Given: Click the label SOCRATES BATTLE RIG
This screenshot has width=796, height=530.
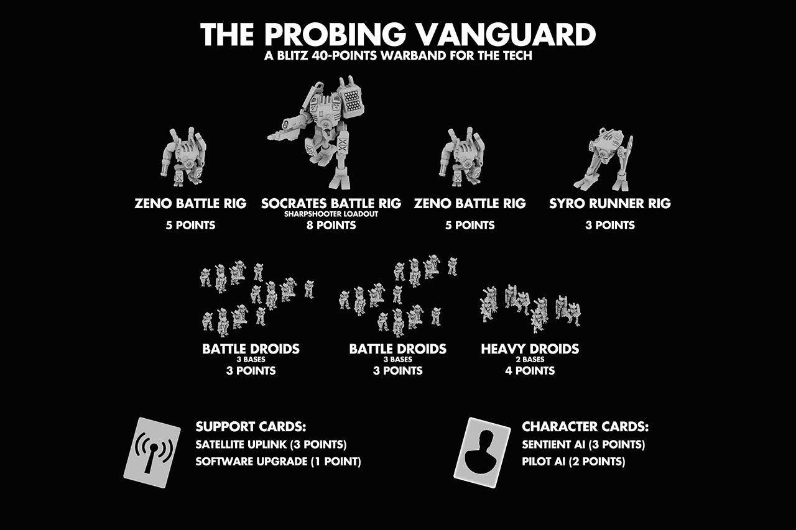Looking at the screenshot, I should pos(331,203).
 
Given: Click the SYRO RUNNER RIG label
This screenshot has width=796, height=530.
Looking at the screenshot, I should pos(610,203).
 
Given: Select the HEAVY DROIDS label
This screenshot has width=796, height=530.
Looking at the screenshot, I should pos(530,349).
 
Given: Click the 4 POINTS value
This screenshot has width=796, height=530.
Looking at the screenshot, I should pos(530,370).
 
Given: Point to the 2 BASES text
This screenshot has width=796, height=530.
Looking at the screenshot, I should pos(530,359).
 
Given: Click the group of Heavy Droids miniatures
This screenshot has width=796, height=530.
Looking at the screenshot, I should pos(530,306).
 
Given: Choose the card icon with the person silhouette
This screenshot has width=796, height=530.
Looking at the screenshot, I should pos(482,452).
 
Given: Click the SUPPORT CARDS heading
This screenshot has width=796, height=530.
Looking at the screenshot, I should pos(251,427).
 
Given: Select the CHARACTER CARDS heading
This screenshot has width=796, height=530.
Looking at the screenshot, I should pos(585,427).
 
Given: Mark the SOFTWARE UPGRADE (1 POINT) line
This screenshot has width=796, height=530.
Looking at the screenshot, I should pos(278,462).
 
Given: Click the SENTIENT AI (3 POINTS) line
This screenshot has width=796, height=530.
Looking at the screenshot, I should pos(583,445).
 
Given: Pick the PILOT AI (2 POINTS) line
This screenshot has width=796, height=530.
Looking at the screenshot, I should pos(573,462).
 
